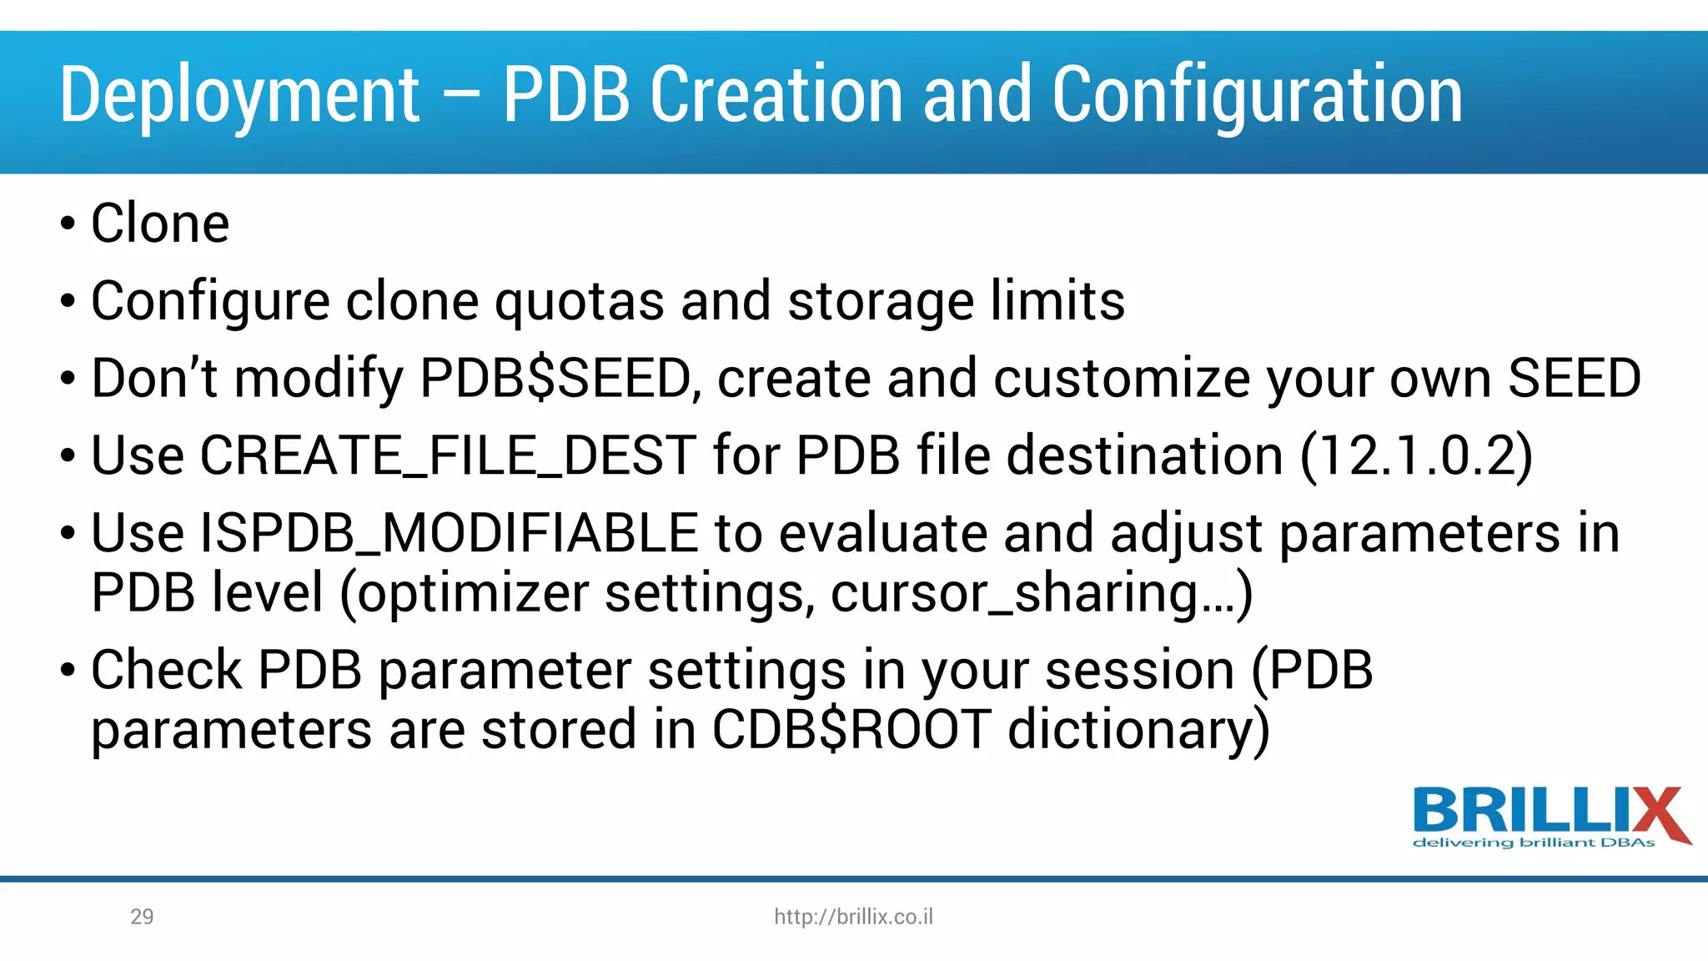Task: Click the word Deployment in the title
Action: tap(239, 96)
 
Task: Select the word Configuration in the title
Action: tap(1257, 96)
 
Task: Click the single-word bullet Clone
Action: tap(160, 224)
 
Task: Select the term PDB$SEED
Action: tap(555, 378)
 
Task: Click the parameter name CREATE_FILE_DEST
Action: tap(448, 455)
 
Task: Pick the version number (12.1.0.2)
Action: tap(1416, 455)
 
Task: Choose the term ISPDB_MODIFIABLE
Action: tap(449, 533)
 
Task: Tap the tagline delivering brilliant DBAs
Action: tap(1534, 843)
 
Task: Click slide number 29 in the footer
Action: tap(142, 917)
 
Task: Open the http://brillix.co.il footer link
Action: tap(853, 917)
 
